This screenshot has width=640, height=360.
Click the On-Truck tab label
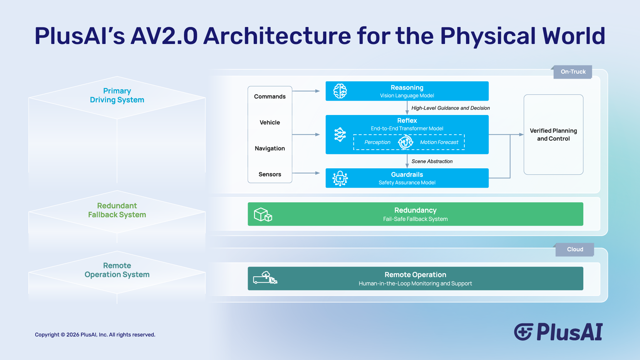pos(573,72)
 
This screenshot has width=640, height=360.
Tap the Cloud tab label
pos(575,249)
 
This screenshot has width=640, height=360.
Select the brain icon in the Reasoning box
pos(340,91)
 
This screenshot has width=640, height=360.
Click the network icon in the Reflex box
pos(340,135)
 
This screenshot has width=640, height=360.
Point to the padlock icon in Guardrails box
pos(340,178)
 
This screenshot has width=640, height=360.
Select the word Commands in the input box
pos(270,96)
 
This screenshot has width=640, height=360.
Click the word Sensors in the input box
pos(270,174)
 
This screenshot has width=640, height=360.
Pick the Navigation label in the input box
pos(270,148)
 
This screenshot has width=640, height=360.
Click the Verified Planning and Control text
pos(553,135)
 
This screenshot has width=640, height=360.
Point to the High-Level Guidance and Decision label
pos(450,108)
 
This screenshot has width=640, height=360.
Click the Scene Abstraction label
pos(432,161)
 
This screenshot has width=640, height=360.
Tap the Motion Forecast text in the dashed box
pos(439,142)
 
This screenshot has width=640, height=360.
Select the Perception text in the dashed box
pos(377,142)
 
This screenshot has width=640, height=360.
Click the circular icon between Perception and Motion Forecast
pos(405,142)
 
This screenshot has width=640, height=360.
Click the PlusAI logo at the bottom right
pos(558,332)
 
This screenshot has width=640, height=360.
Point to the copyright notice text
pos(95,335)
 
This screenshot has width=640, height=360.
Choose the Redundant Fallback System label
pos(117,210)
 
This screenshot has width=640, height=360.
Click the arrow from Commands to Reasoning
pos(306,91)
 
